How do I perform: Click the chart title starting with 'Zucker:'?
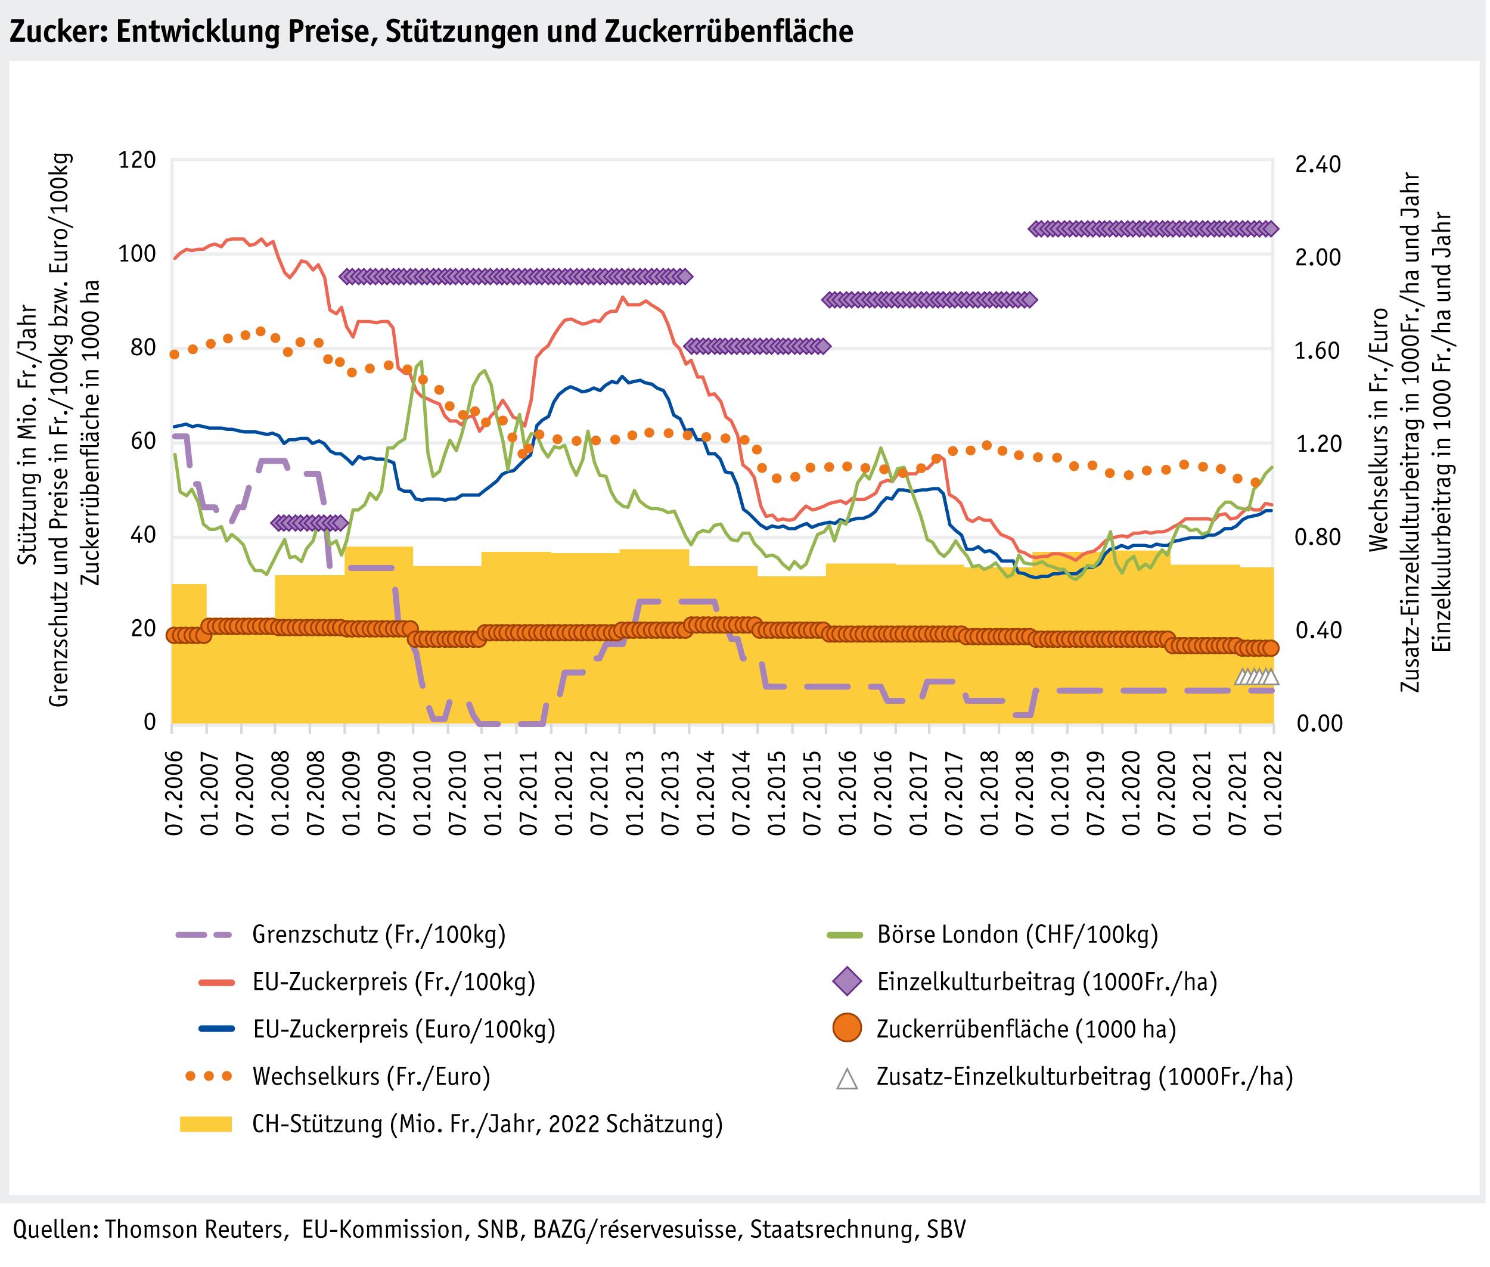coord(431,32)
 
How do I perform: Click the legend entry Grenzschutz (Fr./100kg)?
coord(378,934)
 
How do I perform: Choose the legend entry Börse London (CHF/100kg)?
coord(1017,934)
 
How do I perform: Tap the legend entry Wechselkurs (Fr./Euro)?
coord(371,1077)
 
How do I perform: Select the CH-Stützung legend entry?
coord(486,1124)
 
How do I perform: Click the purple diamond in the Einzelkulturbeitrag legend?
coord(848,982)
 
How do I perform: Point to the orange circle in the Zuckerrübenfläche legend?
coord(848,1029)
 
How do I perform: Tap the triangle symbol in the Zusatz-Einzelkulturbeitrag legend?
coord(848,1078)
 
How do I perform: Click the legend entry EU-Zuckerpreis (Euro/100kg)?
coord(403,1029)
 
